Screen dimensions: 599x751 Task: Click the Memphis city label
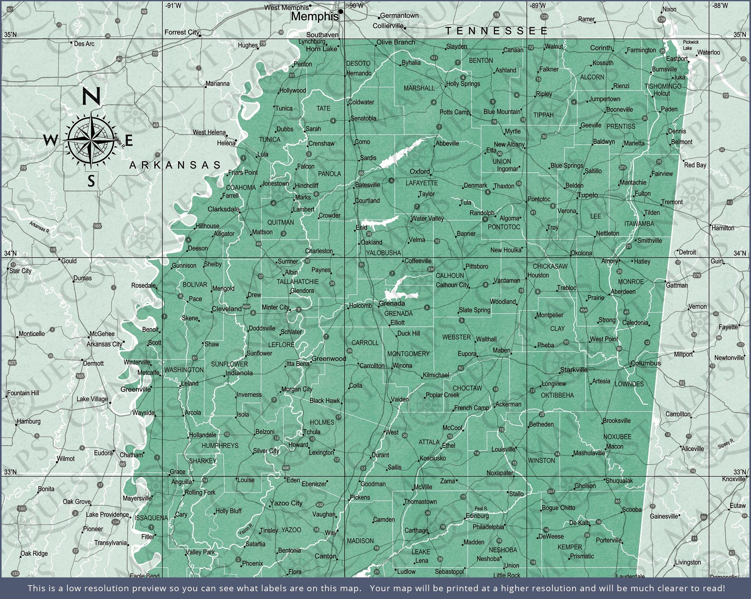coord(314,16)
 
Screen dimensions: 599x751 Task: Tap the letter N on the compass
coord(91,96)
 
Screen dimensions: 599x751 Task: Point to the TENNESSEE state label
coord(497,31)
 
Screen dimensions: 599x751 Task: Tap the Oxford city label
coord(420,171)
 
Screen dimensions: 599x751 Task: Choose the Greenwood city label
coord(329,358)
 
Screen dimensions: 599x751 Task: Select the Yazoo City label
coord(286,503)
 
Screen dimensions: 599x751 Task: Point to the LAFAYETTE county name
coord(421,183)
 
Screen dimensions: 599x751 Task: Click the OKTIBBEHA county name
coord(557,395)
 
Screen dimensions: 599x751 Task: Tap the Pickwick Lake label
coord(690,45)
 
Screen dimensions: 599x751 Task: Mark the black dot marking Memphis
coord(341,12)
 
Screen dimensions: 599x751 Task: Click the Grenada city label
coord(392,303)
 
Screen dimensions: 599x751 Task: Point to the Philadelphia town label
coord(488,527)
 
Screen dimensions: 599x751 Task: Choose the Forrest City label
coord(182,32)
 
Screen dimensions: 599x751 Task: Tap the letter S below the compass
coord(91,181)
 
